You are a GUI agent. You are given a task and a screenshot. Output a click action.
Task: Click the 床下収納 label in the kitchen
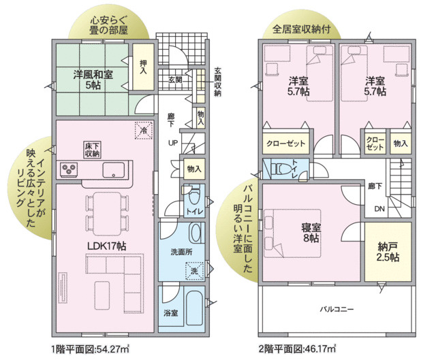[x=93, y=150]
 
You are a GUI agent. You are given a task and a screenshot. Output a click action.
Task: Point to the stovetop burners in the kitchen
[x=69, y=169]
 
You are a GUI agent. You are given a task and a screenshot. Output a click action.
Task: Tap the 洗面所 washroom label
[x=181, y=252]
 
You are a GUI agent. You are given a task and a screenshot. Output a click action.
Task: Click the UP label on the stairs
[x=174, y=142]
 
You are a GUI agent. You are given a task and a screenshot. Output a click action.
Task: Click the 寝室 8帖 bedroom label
[x=310, y=233]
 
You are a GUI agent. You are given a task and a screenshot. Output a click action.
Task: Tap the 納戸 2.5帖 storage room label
[x=386, y=253]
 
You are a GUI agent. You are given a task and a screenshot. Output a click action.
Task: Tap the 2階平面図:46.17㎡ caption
[x=298, y=349]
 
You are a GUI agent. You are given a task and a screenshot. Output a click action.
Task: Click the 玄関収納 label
[x=217, y=82]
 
